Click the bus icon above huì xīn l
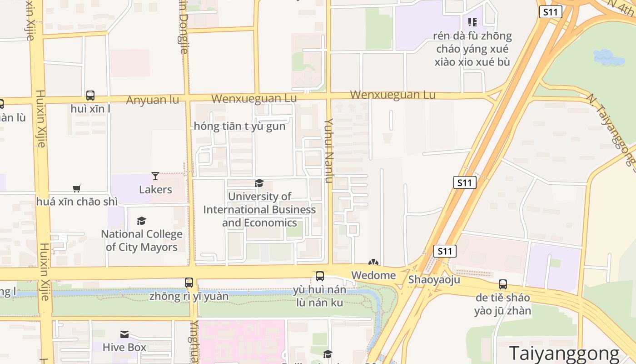pos(90,96)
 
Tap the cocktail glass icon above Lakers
pos(155,176)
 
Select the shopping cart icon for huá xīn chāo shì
pos(77,188)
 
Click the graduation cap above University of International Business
pos(259,183)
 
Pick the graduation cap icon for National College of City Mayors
pos(141,221)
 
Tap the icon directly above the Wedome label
pos(373,263)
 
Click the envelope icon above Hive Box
pos(124,334)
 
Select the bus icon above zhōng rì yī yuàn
pos(189,283)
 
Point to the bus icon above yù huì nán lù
pos(319,276)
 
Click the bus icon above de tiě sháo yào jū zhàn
pos(502,284)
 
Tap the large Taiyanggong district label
pos(564,353)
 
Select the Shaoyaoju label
pos(434,279)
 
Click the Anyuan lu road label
pos(152,100)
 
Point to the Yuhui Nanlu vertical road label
pos(329,150)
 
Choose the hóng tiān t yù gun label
pos(239,126)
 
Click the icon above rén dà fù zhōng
pos(472,22)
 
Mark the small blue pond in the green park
pos(609,57)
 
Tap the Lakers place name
pos(155,189)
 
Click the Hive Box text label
pos(124,347)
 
